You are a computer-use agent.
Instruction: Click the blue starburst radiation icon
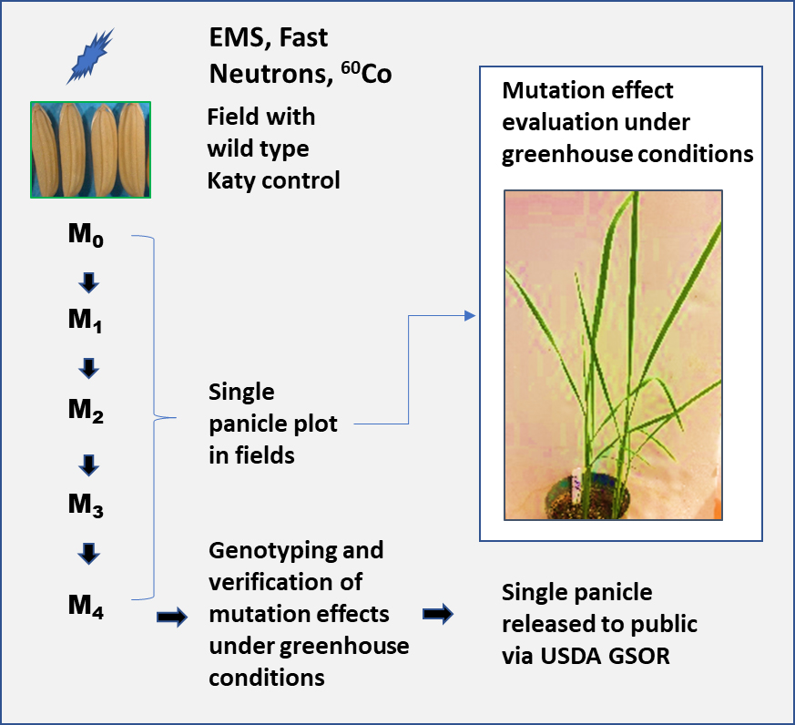(91, 56)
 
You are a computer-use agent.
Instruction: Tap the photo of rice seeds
(90, 150)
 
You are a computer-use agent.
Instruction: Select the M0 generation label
(86, 236)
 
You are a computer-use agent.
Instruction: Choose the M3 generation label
(86, 505)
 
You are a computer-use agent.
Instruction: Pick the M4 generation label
(86, 604)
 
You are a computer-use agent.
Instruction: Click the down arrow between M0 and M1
(88, 282)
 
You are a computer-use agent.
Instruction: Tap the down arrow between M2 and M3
(88, 465)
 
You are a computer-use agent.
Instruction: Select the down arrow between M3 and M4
(88, 553)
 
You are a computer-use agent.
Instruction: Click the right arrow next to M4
(172, 618)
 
